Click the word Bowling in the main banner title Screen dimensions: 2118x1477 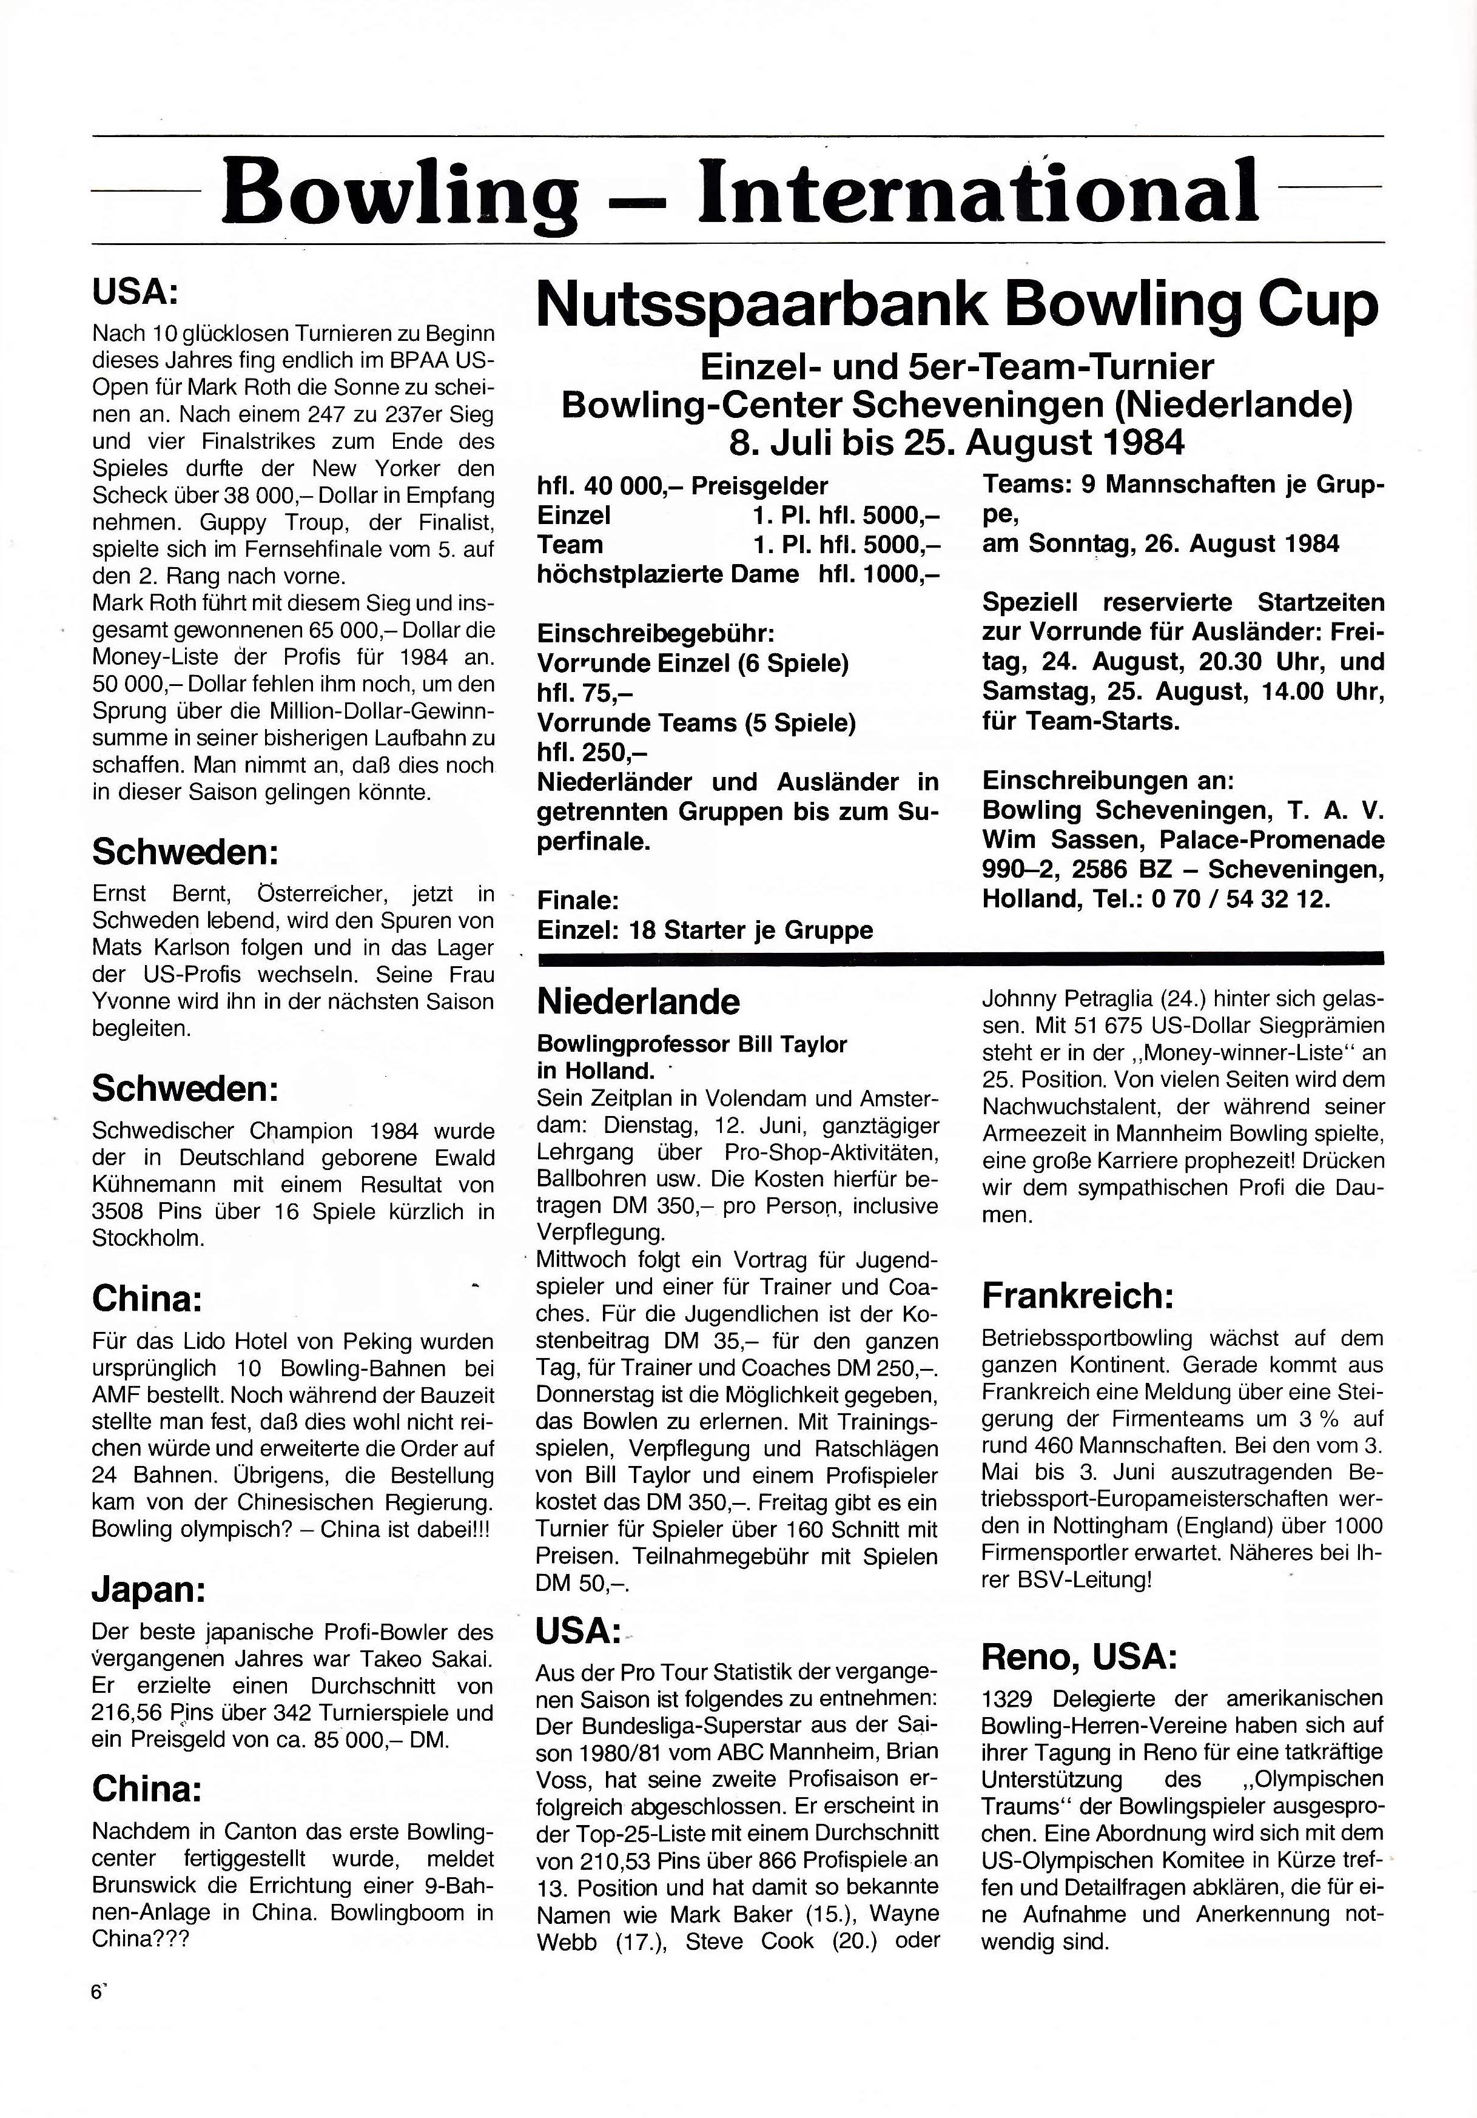pos(400,192)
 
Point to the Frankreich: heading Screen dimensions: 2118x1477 pos(1077,1296)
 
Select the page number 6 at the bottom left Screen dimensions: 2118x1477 pos(95,1992)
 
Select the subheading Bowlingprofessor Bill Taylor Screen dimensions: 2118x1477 pos(692,1044)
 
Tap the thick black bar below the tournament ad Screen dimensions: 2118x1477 pos(960,958)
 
